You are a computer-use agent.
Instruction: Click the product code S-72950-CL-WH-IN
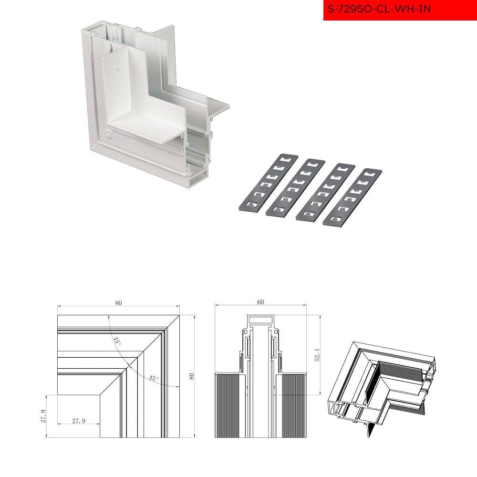[379, 9]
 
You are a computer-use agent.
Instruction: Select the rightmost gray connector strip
[353, 197]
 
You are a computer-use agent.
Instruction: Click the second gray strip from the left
[295, 187]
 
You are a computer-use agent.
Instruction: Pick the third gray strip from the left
[325, 192]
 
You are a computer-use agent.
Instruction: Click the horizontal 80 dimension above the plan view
[118, 303]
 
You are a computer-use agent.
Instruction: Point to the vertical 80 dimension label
[191, 376]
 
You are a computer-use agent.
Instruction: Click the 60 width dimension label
[260, 302]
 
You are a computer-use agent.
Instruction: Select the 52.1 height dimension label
[317, 355]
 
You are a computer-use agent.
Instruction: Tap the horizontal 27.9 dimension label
[79, 421]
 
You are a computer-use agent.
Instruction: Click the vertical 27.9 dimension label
[43, 416]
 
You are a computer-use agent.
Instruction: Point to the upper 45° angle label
[117, 341]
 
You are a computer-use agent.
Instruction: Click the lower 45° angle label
[154, 378]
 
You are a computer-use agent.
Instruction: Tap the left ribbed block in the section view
[230, 405]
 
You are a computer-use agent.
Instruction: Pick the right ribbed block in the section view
[291, 405]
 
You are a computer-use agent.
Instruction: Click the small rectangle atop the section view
[261, 320]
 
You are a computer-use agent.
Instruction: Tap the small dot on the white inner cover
[118, 70]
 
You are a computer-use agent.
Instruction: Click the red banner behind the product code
[400, 10]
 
